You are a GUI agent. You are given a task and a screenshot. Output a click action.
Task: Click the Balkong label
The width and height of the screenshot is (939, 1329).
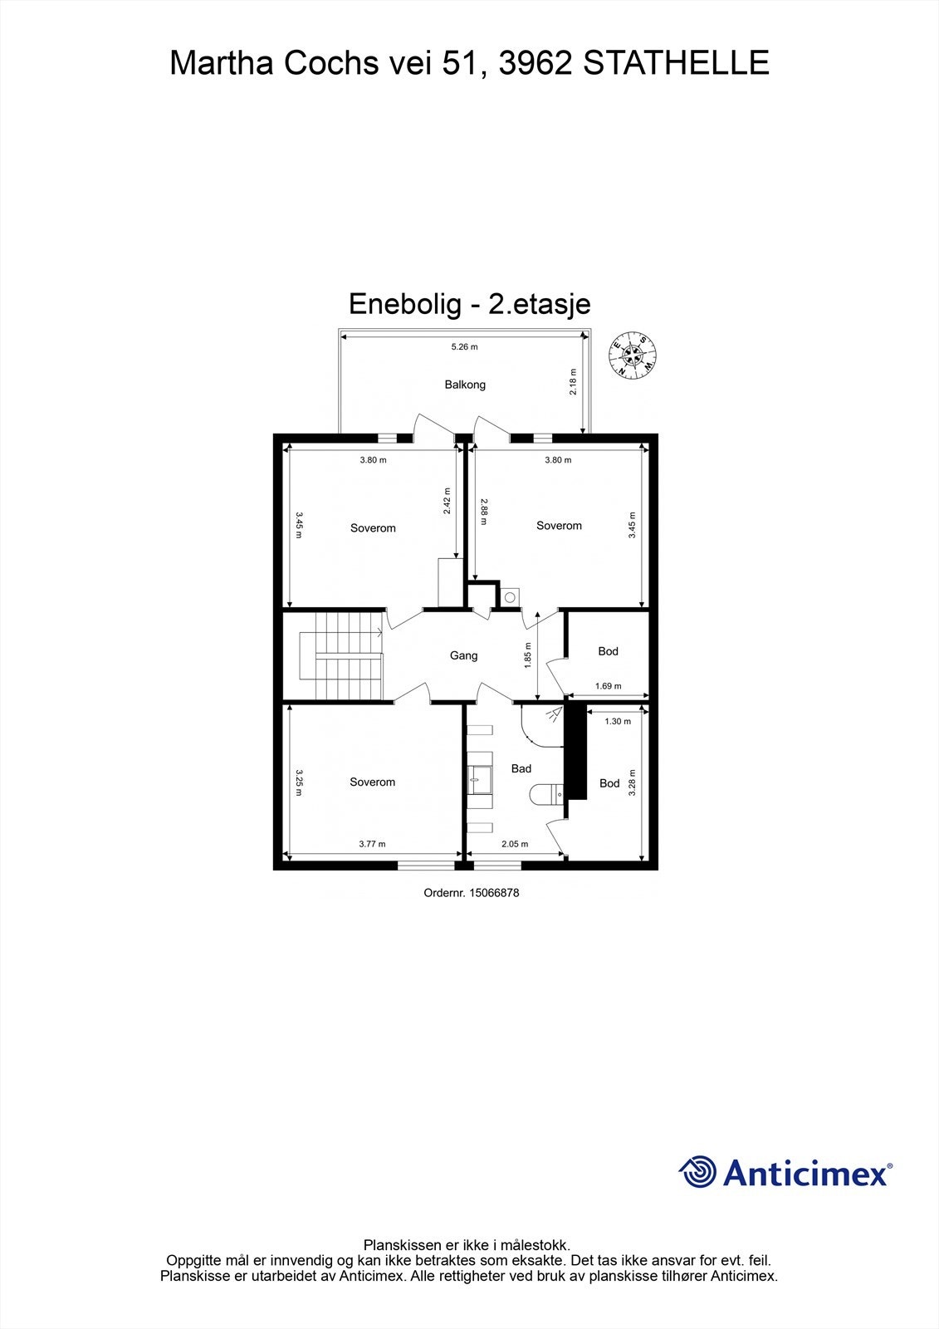[x=465, y=385]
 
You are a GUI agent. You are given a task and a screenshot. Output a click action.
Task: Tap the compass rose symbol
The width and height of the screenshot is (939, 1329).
[x=633, y=355]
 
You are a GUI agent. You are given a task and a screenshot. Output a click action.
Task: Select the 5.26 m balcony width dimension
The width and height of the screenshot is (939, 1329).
[x=464, y=347]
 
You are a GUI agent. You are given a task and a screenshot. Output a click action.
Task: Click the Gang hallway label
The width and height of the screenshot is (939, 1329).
[x=463, y=655]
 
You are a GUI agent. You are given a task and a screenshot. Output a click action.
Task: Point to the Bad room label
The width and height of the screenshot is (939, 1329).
[x=521, y=768]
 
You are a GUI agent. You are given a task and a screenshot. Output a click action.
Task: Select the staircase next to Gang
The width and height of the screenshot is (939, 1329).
[x=341, y=655]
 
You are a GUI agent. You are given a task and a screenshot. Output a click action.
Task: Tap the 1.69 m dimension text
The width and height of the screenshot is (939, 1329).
[x=609, y=686]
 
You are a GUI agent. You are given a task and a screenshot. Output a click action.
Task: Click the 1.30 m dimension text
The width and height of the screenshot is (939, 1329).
[x=618, y=721]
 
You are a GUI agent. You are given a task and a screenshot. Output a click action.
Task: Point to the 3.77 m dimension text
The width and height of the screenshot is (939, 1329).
[x=372, y=844]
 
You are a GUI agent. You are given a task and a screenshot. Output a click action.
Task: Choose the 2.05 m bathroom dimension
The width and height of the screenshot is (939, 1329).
[x=515, y=844]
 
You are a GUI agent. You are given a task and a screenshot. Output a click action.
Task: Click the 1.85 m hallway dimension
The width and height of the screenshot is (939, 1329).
[x=528, y=655]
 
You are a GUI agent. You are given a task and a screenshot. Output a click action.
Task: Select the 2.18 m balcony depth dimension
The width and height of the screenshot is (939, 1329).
[x=573, y=382]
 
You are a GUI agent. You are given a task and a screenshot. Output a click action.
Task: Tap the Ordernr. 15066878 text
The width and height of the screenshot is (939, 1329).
[x=471, y=893]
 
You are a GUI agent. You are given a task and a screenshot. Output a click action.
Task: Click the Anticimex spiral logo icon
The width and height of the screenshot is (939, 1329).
[x=697, y=1172]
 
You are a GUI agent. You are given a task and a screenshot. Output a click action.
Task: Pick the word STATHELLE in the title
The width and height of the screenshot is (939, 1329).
[x=677, y=63]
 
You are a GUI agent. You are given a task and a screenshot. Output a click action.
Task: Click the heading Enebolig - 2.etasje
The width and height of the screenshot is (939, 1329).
[x=469, y=303]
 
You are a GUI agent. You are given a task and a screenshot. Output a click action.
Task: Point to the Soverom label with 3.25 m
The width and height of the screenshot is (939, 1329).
[x=372, y=782]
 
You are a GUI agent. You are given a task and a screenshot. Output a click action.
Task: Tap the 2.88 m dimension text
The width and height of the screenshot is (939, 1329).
[x=484, y=511]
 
